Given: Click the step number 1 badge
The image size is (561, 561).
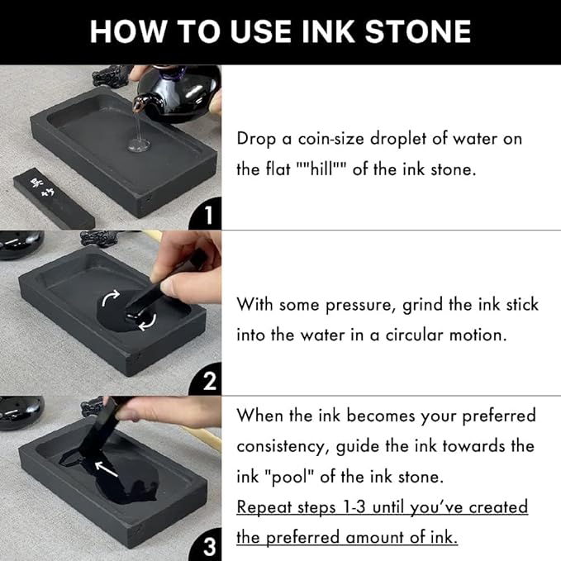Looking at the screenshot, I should point(207,216).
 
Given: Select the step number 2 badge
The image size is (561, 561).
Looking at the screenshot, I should point(207,382).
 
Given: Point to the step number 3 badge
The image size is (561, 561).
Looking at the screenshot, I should point(207,545).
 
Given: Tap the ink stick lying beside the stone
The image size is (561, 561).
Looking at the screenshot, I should point(53,199).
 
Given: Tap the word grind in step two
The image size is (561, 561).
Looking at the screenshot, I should point(424,305).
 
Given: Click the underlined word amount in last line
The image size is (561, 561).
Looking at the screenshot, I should point(383,537).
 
